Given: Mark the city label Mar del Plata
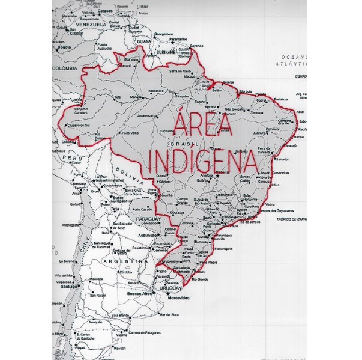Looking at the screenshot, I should (x=169, y=314).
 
